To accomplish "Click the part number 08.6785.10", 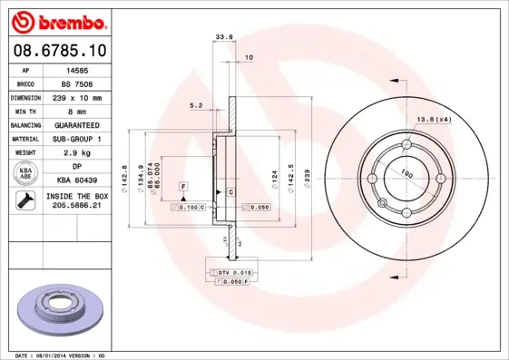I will [x=59, y=52].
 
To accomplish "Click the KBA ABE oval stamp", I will [x=26, y=174].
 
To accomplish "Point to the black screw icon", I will [x=26, y=201].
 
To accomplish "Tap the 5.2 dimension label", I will [x=197, y=105].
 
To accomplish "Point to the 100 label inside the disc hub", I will [x=406, y=172].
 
